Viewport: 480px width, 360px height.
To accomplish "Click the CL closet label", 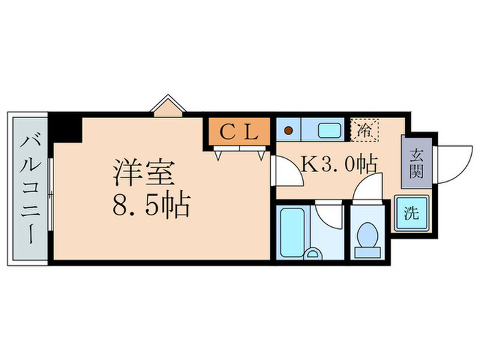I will coord(239,132).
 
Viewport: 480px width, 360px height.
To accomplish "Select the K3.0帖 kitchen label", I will coord(339,165).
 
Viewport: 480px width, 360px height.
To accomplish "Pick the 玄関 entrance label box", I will coord(416,163).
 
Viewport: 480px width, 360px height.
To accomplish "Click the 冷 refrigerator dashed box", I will coord(365,128).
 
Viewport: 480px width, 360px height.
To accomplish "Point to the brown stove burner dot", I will coord(289,129).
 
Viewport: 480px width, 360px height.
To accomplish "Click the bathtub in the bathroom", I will coord(292,231).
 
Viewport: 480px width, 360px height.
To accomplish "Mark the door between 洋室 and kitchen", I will coord(286,171).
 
